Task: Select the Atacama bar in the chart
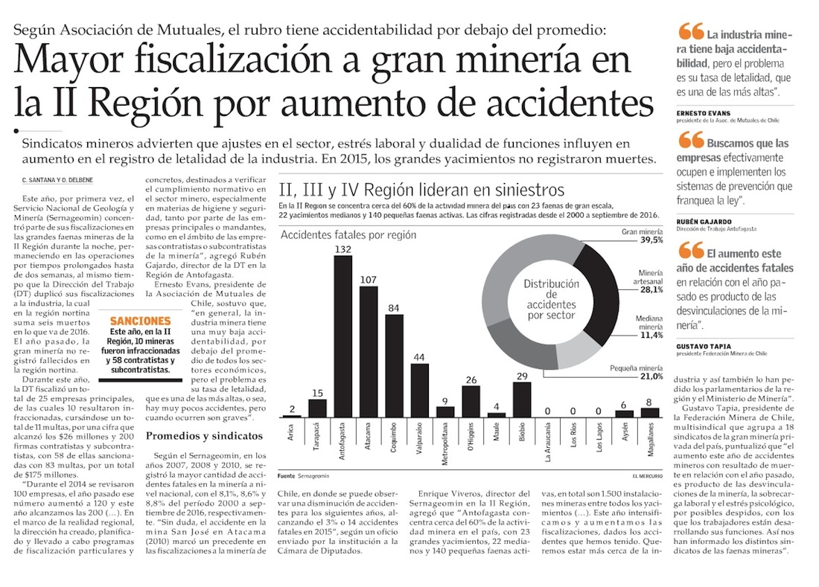point(369,350)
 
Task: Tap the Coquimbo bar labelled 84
point(394,365)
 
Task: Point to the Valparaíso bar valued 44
point(420,390)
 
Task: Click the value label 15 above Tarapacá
point(317,393)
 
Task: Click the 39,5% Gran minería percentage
point(651,240)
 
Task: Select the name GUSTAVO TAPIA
point(704,346)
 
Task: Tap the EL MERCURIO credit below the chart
point(641,475)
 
